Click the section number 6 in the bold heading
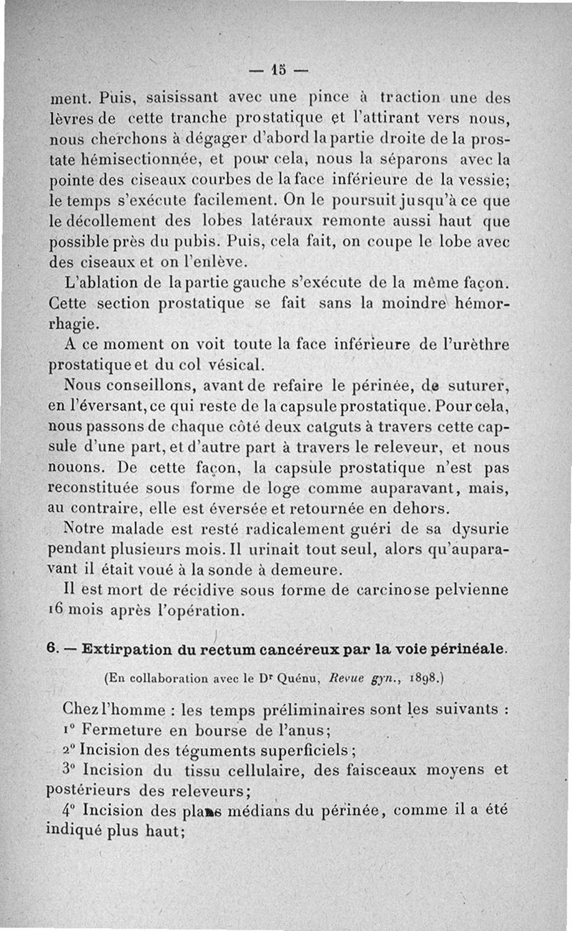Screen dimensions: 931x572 [x=51, y=650]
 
